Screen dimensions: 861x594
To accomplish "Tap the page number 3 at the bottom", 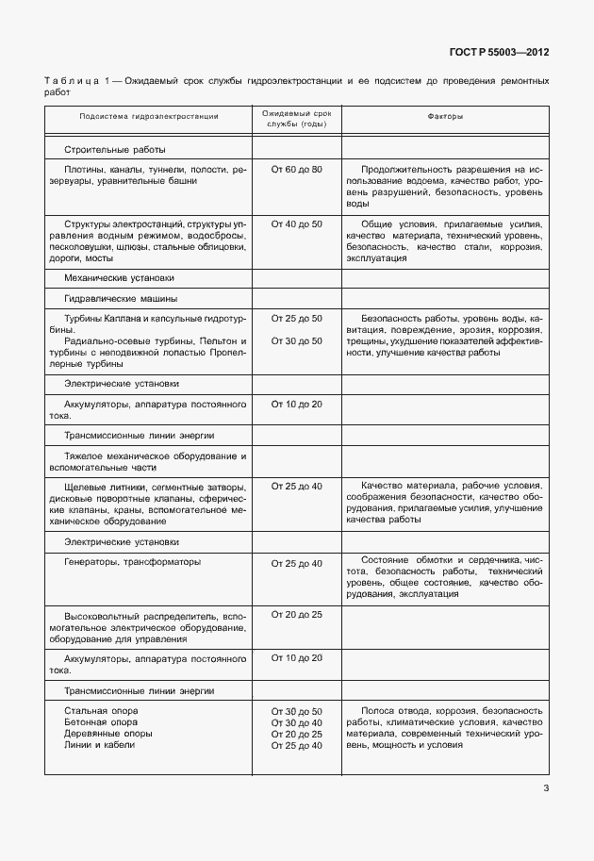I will click(x=546, y=789).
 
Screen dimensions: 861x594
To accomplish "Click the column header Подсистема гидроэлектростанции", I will click(x=149, y=117).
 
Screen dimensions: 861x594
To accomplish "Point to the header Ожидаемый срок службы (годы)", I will click(x=296, y=118).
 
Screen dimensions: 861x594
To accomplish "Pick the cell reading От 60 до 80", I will click(x=296, y=169).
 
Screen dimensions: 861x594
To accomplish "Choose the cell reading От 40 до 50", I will click(x=296, y=224).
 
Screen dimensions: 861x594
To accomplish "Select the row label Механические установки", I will click(x=119, y=278).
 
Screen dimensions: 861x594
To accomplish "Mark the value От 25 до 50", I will click(x=296, y=319).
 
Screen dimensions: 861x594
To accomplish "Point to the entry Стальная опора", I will click(x=101, y=710).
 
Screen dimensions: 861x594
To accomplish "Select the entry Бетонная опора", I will click(x=100, y=722).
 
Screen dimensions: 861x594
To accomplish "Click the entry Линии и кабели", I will click(x=99, y=745).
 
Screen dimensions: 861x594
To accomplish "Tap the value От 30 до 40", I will click(x=296, y=722).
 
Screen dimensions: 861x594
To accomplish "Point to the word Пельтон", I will click(x=207, y=341).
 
